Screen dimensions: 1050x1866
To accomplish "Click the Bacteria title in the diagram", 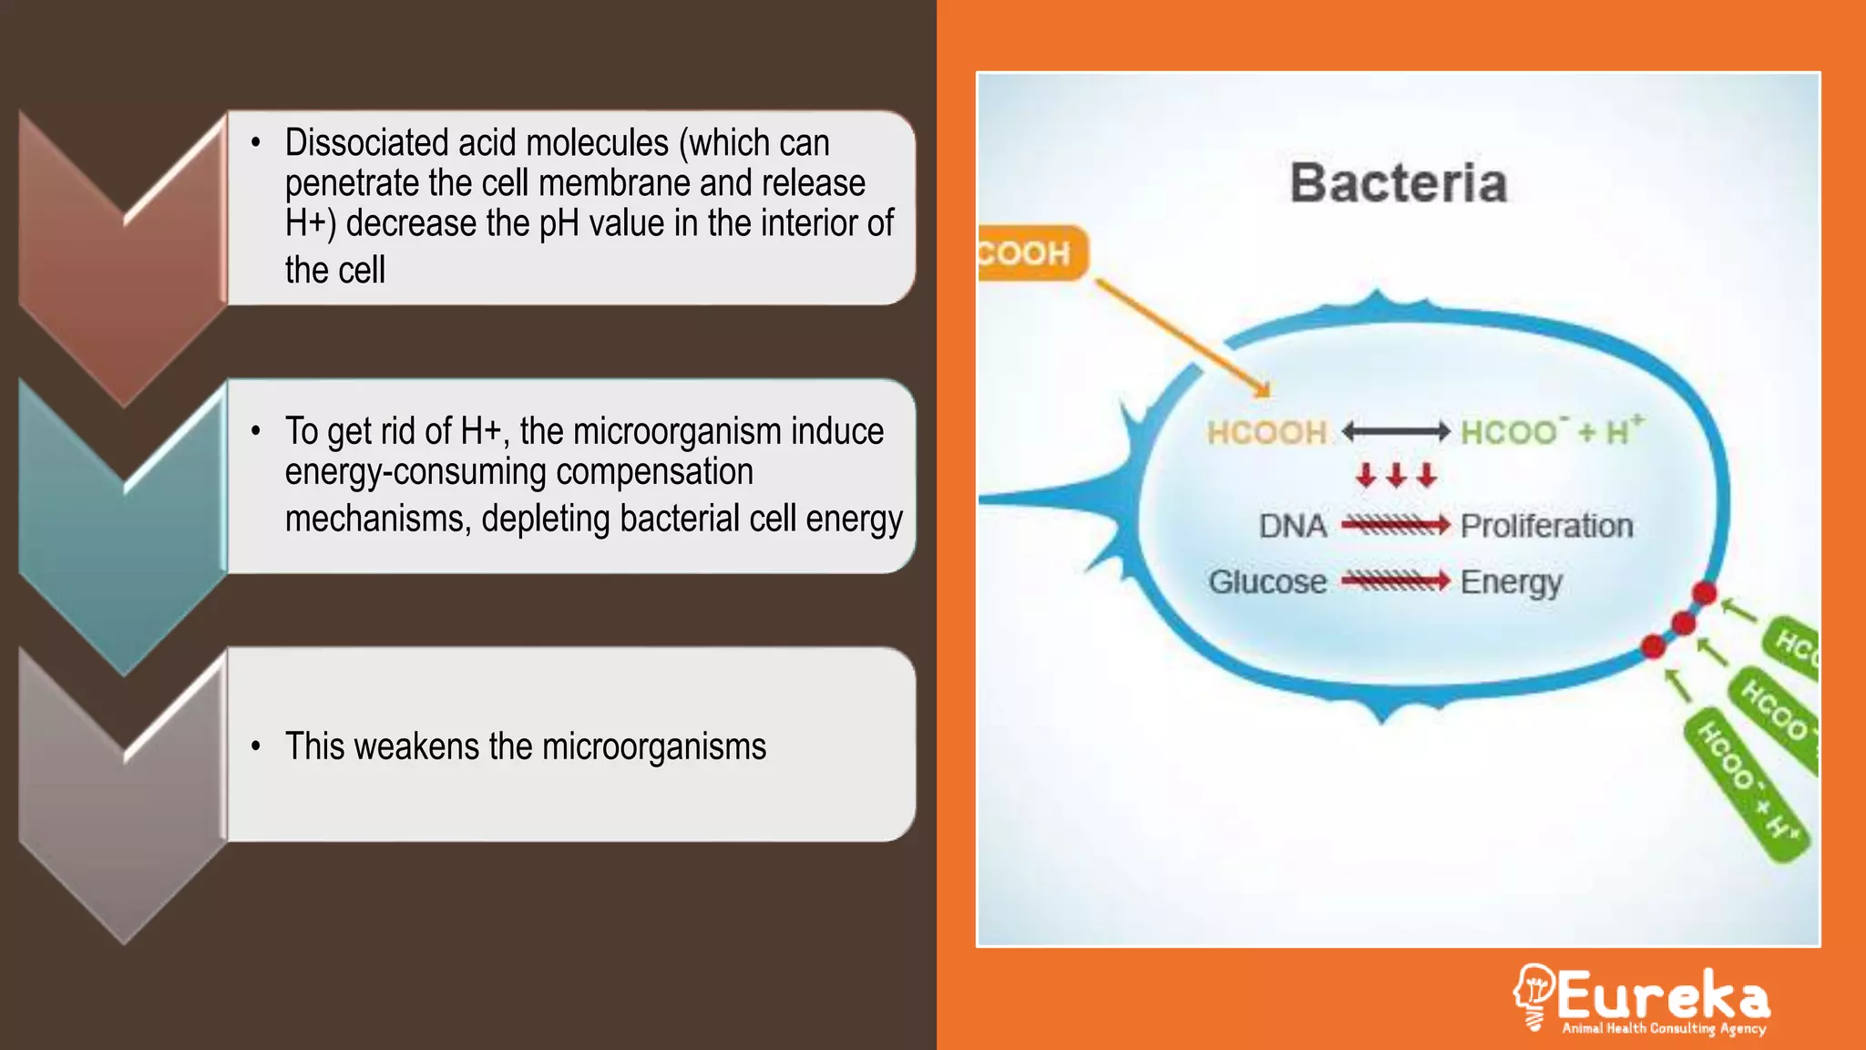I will tap(1399, 183).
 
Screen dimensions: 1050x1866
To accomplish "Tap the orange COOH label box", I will tap(1030, 252).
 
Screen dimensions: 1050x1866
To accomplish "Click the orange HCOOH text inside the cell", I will tap(1266, 432).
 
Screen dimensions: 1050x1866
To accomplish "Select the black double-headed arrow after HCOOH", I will tap(1395, 431).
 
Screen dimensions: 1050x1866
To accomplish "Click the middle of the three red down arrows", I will tap(1396, 475).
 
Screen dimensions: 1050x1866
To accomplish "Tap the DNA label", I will tap(1292, 526).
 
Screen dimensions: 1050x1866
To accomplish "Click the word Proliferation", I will tap(1546, 526).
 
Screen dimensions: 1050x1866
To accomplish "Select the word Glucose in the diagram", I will tap(1267, 582).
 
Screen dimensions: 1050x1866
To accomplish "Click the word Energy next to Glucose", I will tap(1511, 582).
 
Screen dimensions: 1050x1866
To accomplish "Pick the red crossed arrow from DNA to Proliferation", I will tap(1395, 525).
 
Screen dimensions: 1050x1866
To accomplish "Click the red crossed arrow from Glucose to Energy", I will tap(1395, 581).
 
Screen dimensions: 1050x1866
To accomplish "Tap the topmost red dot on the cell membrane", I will tap(1704, 593).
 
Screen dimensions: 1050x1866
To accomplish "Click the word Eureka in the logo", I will tap(1663, 995).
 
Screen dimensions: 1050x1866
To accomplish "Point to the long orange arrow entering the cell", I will tap(1182, 337).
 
